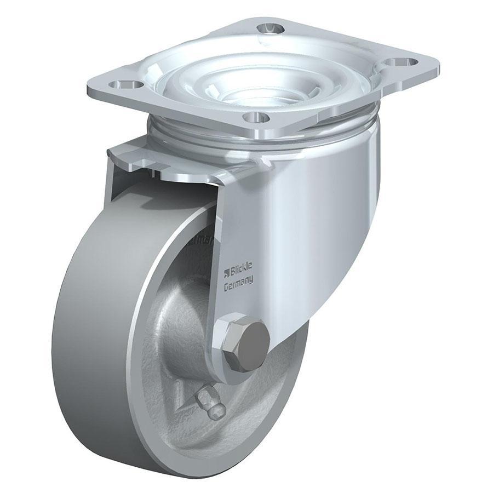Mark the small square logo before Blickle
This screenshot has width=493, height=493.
225,272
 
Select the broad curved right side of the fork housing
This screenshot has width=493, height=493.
323,219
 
